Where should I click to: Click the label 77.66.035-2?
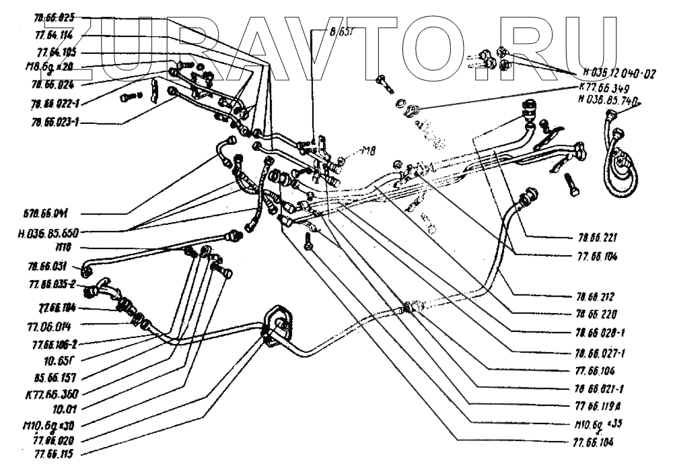point(52,284)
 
